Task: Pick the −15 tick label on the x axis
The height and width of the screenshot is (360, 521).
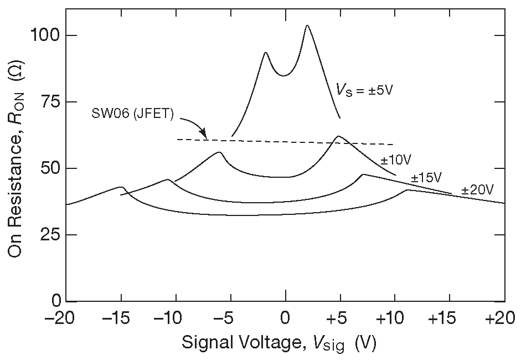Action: click(x=117, y=320)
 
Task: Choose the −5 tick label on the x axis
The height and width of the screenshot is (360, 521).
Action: click(x=228, y=320)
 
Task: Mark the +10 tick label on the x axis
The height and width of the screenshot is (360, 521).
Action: click(x=394, y=320)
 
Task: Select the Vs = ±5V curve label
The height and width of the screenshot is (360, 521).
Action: click(x=364, y=89)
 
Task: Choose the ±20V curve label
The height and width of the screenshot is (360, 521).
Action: click(x=477, y=190)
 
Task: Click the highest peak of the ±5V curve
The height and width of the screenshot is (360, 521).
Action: click(x=307, y=25)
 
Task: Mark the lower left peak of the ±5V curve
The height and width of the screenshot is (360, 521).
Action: click(x=266, y=53)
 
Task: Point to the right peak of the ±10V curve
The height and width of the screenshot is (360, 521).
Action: click(x=337, y=136)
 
